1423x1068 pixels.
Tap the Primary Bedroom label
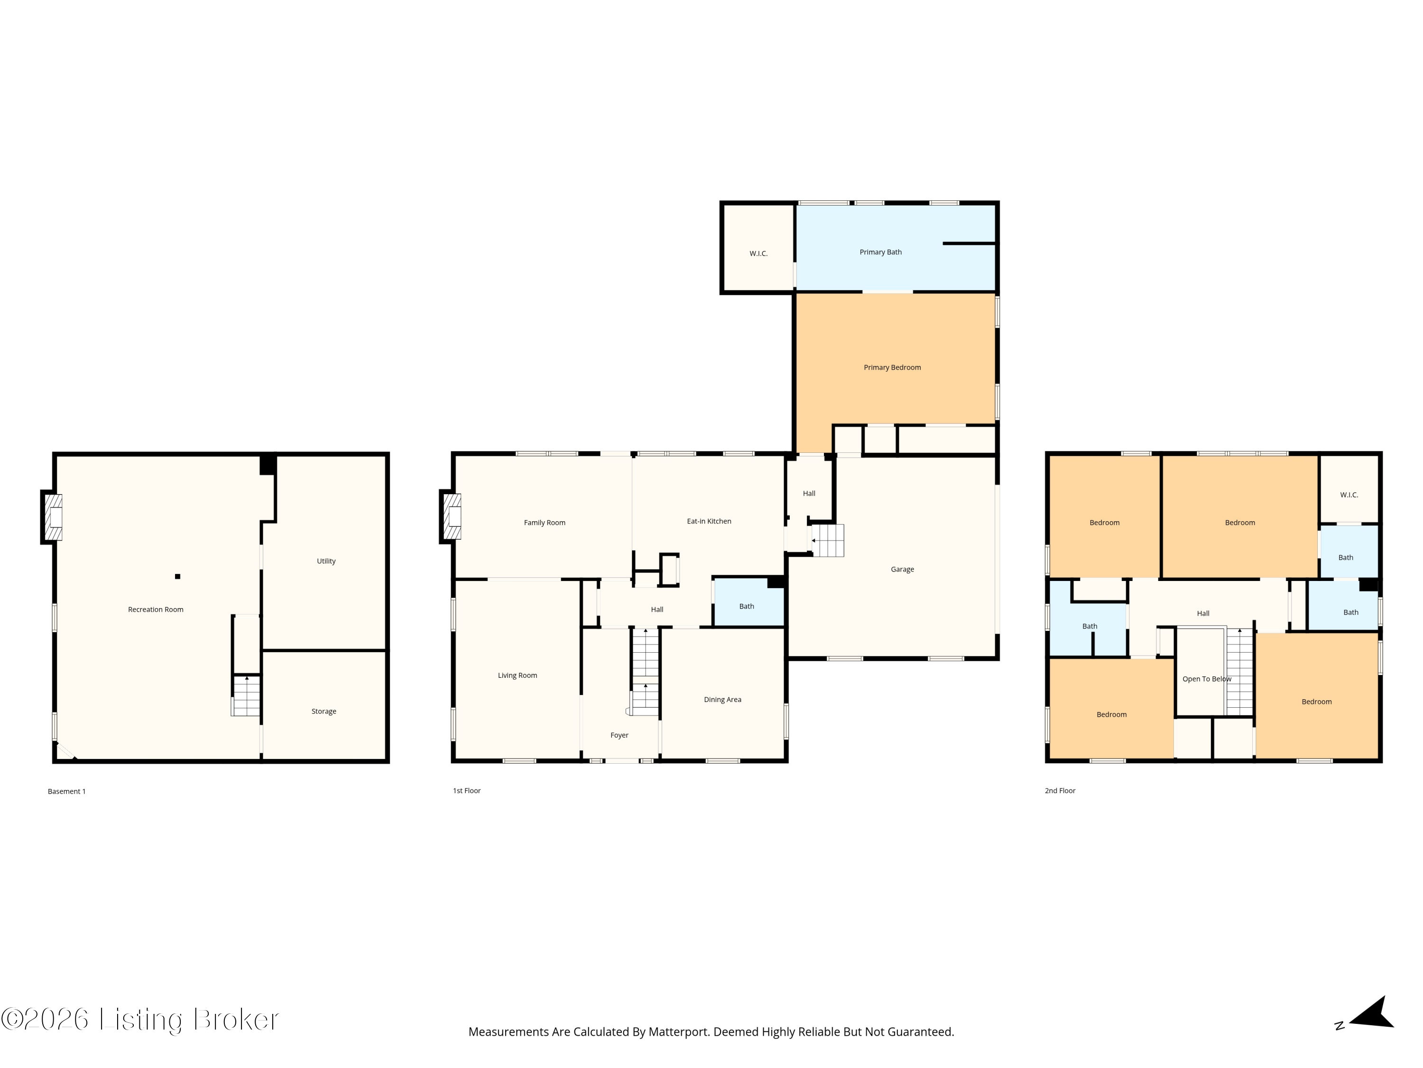892,367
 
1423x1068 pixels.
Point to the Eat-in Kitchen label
709,522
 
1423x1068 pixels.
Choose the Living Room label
517,675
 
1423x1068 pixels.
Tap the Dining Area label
722,700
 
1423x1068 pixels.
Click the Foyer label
619,735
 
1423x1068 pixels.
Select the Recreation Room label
156,609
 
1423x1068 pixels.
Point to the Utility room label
326,562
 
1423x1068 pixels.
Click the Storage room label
323,712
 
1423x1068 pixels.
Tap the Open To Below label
1207,679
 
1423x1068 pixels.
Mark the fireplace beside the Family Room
451,516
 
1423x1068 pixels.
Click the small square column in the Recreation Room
177,576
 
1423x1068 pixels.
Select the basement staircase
246,695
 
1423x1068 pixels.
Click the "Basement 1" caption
66,791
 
